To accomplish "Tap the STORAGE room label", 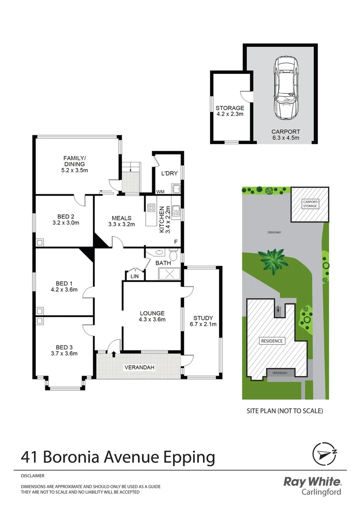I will point(230,108).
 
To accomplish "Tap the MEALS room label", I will point(122,218).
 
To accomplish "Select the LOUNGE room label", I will point(152,313).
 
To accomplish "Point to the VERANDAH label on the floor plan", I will point(139,367).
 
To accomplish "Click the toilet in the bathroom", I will point(173,255).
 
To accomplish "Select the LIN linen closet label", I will point(134,276).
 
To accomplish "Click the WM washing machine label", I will point(160,191).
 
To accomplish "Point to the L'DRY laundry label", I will point(169,173).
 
